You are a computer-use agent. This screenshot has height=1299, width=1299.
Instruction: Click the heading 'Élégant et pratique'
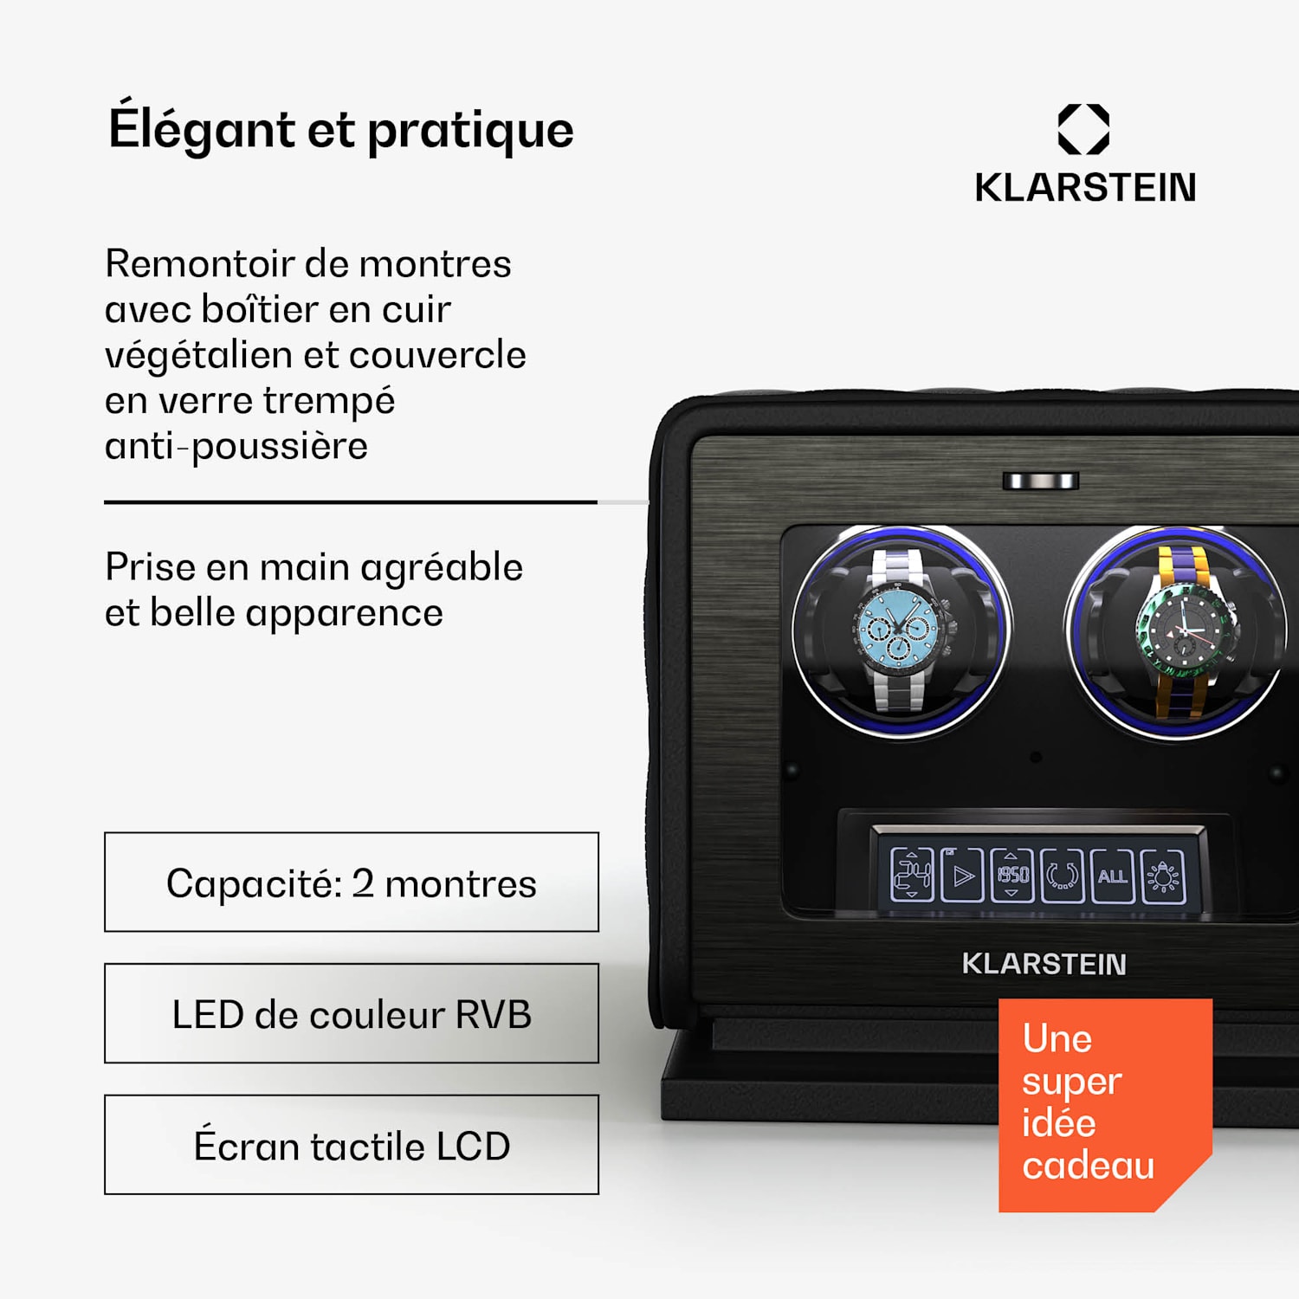(341, 129)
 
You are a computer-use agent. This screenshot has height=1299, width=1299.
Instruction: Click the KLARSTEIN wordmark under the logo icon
(1085, 187)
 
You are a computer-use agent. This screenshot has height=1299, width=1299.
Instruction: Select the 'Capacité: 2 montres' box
(352, 882)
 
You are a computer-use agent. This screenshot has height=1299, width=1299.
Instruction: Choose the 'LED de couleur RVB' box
(352, 1013)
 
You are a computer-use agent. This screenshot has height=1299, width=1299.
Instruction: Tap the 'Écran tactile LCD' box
(352, 1145)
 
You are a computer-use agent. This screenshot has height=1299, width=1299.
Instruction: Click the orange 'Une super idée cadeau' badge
(1105, 1105)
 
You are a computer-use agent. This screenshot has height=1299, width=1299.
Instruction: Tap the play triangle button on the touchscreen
(962, 876)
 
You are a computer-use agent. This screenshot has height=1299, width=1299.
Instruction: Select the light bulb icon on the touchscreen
(1163, 876)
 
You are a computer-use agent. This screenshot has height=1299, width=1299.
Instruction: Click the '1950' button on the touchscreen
(1012, 876)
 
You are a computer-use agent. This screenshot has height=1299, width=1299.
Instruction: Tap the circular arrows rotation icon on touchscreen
(1063, 876)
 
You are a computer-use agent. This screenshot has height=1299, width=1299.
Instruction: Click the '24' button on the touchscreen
(912, 876)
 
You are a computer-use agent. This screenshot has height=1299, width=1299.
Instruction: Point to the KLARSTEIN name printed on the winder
(1044, 964)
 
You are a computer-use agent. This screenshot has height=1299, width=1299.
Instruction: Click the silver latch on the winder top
(1041, 481)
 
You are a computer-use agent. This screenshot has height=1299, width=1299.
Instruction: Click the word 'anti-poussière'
(236, 447)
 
